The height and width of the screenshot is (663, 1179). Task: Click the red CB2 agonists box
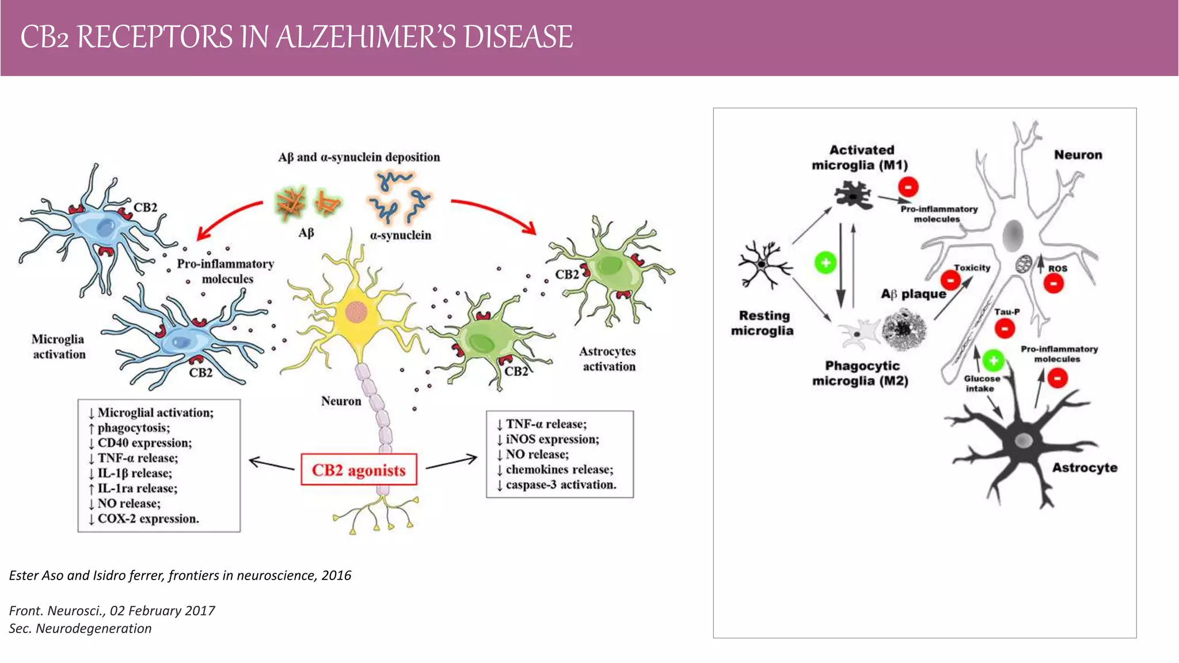coord(359,470)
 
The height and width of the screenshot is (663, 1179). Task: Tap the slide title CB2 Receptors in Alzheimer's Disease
coord(296,37)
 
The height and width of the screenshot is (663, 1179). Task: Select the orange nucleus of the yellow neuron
coord(356,312)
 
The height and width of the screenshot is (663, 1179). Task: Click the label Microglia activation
coord(59,346)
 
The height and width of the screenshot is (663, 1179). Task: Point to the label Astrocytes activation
coord(608,359)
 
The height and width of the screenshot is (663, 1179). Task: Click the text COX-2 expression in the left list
coord(147,519)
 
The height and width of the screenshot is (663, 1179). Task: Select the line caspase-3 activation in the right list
coord(560,485)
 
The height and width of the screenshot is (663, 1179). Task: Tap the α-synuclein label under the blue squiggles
coord(400,235)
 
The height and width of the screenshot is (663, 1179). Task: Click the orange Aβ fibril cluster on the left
coord(291,203)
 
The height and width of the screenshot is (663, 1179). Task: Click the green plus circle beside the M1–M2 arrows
coord(826,263)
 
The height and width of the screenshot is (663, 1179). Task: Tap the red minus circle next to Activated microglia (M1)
coord(908,186)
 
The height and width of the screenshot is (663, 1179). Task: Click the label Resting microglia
coord(763,323)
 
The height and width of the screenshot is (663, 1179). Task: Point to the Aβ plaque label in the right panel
coord(913,294)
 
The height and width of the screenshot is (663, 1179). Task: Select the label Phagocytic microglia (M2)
coord(861,373)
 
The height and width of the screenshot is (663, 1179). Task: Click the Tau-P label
coord(1007,311)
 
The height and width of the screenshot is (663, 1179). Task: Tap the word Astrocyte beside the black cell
coord(1085,467)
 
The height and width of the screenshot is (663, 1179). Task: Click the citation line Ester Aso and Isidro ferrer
coord(180,575)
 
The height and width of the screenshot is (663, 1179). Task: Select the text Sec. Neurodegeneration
coord(81,628)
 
